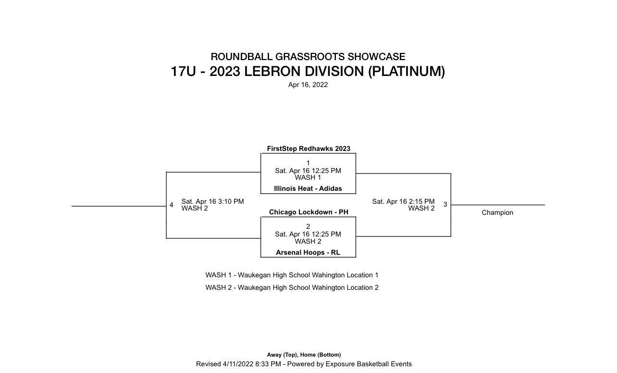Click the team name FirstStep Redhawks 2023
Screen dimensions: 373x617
click(308, 149)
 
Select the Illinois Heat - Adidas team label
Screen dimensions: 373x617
click(308, 188)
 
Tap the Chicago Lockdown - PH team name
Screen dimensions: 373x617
click(308, 212)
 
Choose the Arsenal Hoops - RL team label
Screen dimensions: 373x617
click(308, 252)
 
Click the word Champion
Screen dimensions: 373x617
click(497, 212)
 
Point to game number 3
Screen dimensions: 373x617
click(445, 204)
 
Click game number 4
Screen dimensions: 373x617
click(171, 205)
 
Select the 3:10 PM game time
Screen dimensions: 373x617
click(232, 201)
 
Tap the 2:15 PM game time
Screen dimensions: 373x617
click(423, 201)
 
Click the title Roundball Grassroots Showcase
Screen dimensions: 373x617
click(308, 57)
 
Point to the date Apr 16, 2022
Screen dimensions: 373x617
click(308, 85)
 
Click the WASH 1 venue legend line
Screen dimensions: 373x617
click(292, 275)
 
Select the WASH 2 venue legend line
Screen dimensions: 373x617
click(292, 287)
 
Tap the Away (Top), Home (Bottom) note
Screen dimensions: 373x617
click(304, 355)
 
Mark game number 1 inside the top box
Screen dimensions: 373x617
click(308, 163)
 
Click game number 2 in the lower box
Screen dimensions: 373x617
click(308, 226)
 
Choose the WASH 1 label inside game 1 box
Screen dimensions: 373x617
click(308, 177)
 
